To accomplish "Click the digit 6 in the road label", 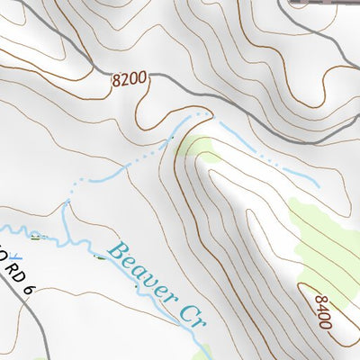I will (30, 289).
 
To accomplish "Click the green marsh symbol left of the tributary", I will (36, 237).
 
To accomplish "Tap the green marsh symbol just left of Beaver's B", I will (101, 254).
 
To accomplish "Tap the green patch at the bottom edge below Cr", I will (203, 353).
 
